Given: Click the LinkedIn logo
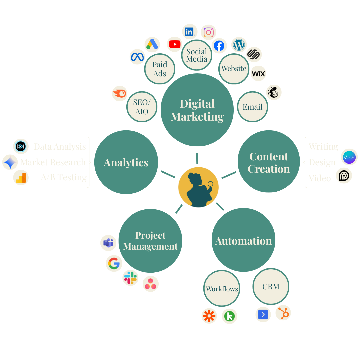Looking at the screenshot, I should click(x=189, y=32).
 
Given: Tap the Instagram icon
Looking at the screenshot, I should click(x=209, y=32).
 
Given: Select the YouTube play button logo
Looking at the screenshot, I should click(x=175, y=44).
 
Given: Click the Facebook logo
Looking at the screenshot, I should click(x=219, y=46).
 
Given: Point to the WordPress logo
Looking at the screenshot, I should click(x=239, y=45).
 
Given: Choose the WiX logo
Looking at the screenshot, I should click(x=258, y=74).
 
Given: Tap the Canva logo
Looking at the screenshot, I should click(x=349, y=157).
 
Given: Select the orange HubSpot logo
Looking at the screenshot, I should click(x=284, y=313).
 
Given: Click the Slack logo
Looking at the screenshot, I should click(x=130, y=278).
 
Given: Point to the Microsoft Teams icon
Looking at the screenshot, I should click(x=108, y=243).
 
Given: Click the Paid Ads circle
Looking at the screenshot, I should click(x=160, y=69).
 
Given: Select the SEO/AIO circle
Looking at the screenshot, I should click(x=142, y=107).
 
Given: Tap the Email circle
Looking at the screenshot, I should click(x=252, y=107).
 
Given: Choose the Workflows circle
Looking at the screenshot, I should click(x=222, y=289).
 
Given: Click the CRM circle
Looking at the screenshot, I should click(x=271, y=287).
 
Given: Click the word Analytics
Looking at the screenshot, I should click(x=126, y=163).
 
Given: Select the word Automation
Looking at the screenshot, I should click(x=243, y=241).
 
